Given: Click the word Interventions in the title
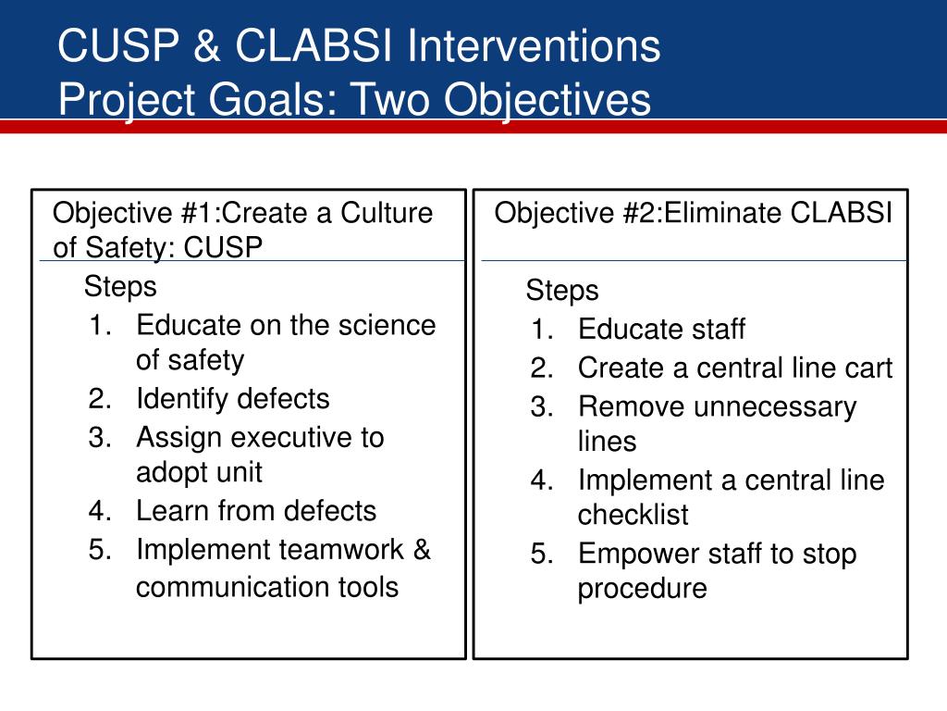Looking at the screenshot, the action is pyautogui.click(x=534, y=45).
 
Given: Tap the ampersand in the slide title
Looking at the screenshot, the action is pyautogui.click(x=207, y=45).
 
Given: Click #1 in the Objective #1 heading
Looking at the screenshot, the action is pyautogui.click(x=200, y=213).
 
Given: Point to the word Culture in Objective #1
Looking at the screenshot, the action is pyautogui.click(x=387, y=213).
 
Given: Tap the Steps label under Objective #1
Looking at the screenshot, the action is pyautogui.click(x=120, y=286).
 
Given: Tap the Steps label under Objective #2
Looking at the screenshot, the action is pyautogui.click(x=562, y=290).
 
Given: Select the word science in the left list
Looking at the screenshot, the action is pyautogui.click(x=387, y=325).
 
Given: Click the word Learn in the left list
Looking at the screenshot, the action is pyautogui.click(x=173, y=511).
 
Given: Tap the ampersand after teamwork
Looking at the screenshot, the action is pyautogui.click(x=422, y=550).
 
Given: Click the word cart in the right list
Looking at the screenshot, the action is pyautogui.click(x=868, y=368).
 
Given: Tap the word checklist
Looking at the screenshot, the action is pyautogui.click(x=633, y=515).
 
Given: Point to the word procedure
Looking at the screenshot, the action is pyautogui.click(x=642, y=589).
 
